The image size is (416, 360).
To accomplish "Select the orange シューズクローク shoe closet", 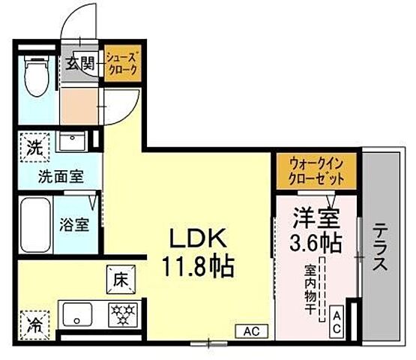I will (x=121, y=64).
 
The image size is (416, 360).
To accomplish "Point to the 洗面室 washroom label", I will (x=61, y=178).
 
